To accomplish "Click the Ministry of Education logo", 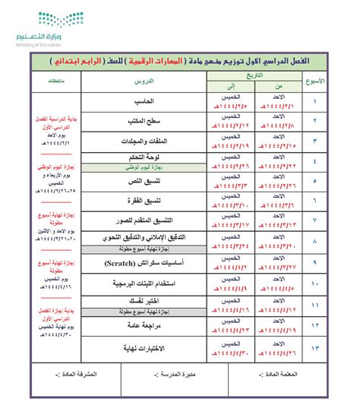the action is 46,27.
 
